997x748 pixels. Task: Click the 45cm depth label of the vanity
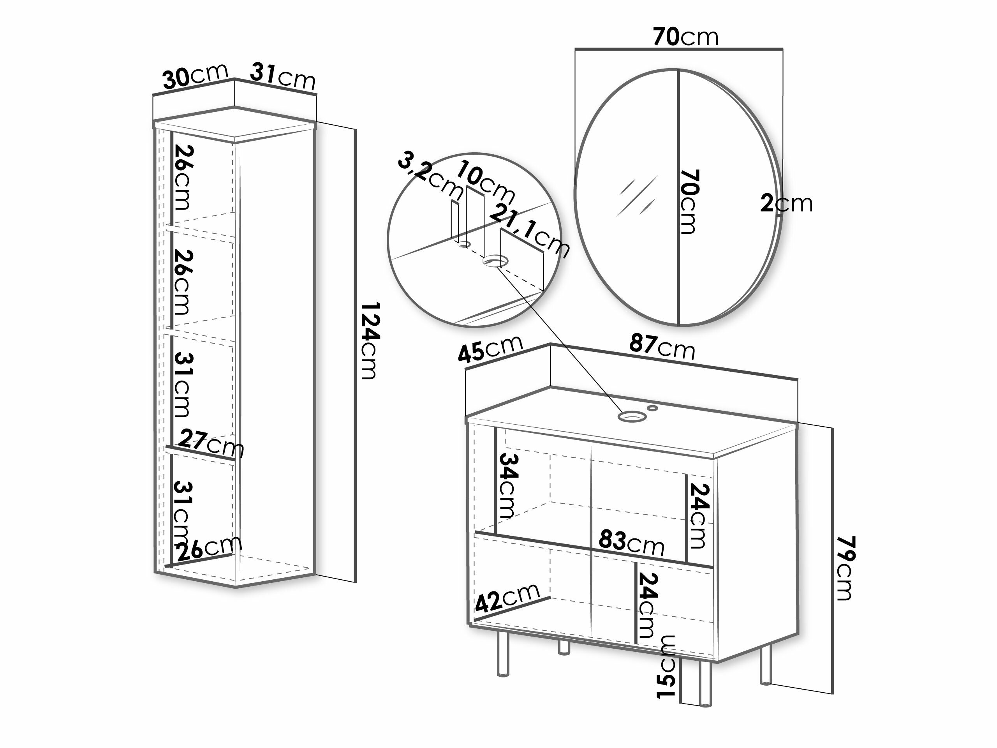pyautogui.click(x=490, y=349)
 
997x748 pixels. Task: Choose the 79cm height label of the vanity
pyautogui.click(x=844, y=568)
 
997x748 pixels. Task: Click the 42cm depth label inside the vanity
pyautogui.click(x=507, y=598)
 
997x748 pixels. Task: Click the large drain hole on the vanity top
pyautogui.click(x=631, y=416)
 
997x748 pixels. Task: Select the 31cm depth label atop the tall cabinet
pyautogui.click(x=283, y=76)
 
